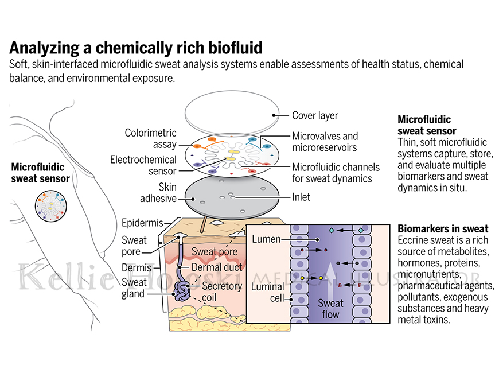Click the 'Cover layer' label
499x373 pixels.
(315, 115)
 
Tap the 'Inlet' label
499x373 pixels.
(301, 197)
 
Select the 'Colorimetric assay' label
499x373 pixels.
(150, 138)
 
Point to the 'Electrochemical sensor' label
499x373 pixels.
(143, 165)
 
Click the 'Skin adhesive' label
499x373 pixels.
(158, 193)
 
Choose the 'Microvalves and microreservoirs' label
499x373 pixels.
(325, 142)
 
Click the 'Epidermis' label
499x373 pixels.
(142, 223)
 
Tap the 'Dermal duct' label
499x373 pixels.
(217, 267)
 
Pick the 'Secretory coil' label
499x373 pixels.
(222, 292)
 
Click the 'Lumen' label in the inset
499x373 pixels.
(266, 239)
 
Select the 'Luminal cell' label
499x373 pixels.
(268, 293)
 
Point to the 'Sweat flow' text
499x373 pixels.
(330, 309)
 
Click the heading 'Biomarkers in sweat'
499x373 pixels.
(443, 228)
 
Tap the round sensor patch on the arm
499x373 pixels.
(51, 206)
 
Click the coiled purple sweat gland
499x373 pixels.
(182, 291)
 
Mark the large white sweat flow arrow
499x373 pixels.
(330, 279)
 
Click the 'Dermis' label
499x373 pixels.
(137, 267)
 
